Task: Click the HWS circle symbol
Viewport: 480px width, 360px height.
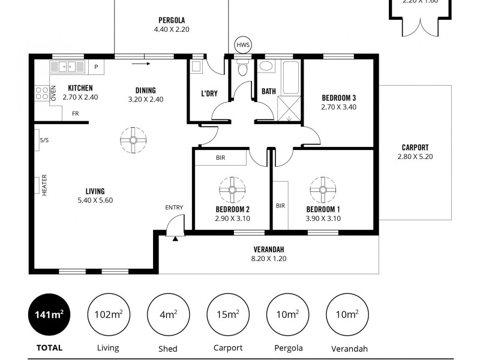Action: tap(243, 45)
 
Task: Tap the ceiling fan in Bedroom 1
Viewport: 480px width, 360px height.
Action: tap(323, 190)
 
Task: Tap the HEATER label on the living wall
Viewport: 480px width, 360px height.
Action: tap(44, 185)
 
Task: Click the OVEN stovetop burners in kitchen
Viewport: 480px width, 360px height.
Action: tap(42, 93)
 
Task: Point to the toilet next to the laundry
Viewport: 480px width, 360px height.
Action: tap(242, 69)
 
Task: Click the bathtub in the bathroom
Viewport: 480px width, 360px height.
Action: tap(291, 77)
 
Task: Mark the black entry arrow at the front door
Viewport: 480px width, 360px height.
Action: tap(175, 239)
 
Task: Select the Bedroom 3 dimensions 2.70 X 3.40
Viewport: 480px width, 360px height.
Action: tap(339, 107)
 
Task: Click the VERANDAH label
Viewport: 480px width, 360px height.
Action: tap(268, 250)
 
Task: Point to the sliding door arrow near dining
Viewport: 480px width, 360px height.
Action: tap(141, 62)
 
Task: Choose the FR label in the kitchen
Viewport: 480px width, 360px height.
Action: tap(75, 113)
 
